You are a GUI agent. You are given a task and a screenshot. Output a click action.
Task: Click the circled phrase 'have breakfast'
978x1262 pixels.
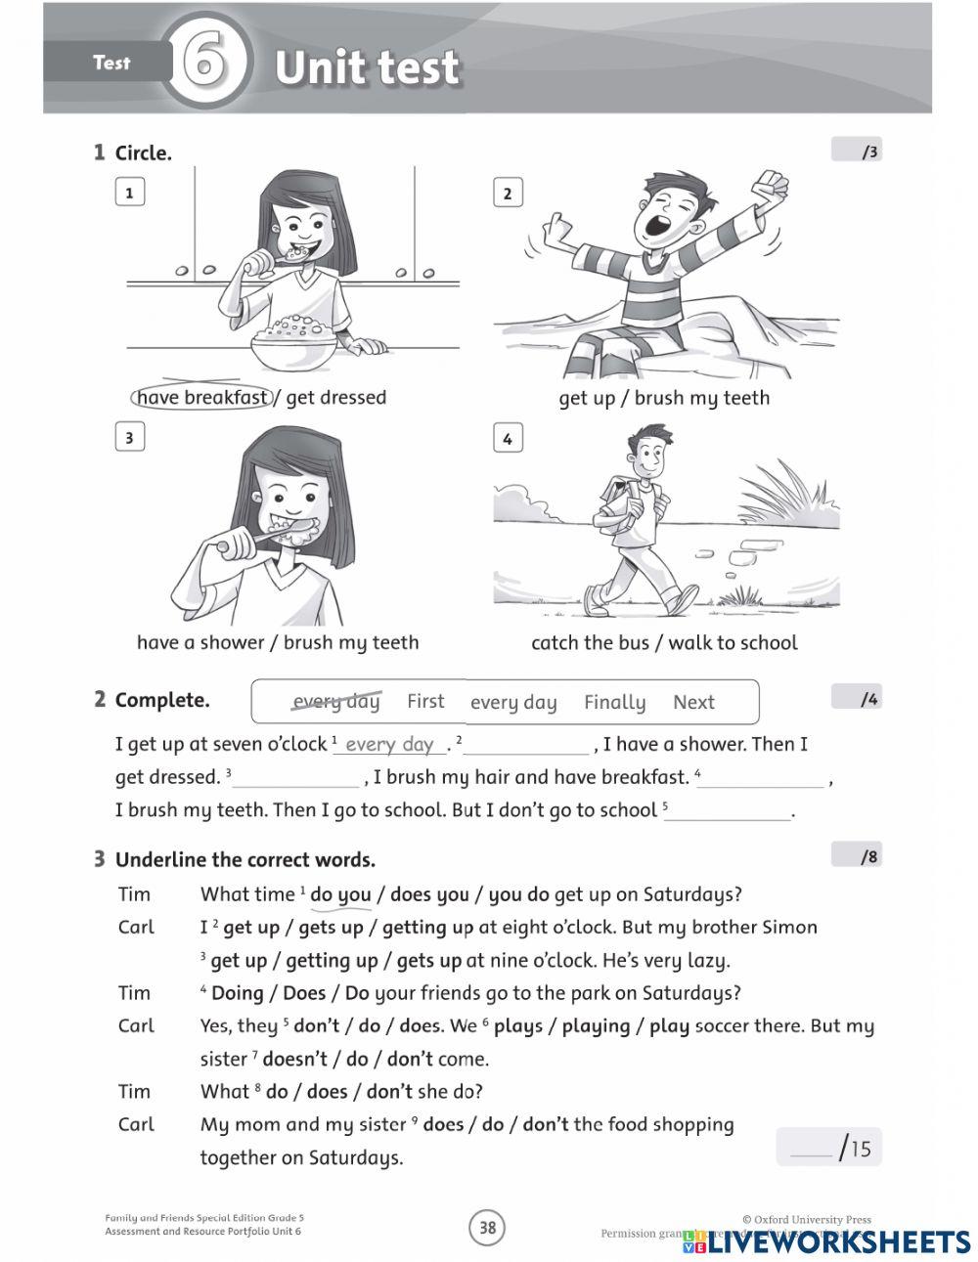click(x=201, y=398)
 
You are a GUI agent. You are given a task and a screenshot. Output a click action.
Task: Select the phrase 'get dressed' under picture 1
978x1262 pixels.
click(x=336, y=398)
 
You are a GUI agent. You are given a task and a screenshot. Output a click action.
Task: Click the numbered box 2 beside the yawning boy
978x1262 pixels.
click(x=507, y=193)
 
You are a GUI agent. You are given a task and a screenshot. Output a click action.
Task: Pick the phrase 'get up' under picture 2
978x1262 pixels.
click(x=586, y=398)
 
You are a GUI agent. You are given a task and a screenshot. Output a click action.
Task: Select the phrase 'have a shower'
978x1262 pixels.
click(x=200, y=642)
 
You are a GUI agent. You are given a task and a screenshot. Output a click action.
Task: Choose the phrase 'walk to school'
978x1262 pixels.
click(x=733, y=642)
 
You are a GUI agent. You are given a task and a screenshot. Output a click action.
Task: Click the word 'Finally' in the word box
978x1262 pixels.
click(x=614, y=702)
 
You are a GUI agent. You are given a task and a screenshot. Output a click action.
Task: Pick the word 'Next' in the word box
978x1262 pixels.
click(x=693, y=702)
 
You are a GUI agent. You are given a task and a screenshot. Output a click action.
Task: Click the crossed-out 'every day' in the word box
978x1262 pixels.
click(x=336, y=702)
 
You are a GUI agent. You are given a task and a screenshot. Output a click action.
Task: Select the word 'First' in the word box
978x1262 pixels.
click(x=425, y=701)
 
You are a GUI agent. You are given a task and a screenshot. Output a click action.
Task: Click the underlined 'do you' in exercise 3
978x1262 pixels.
click(x=340, y=894)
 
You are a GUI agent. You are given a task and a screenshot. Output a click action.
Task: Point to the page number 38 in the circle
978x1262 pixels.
click(x=487, y=1227)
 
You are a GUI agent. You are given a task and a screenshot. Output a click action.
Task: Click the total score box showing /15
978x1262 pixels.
click(x=829, y=1147)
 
